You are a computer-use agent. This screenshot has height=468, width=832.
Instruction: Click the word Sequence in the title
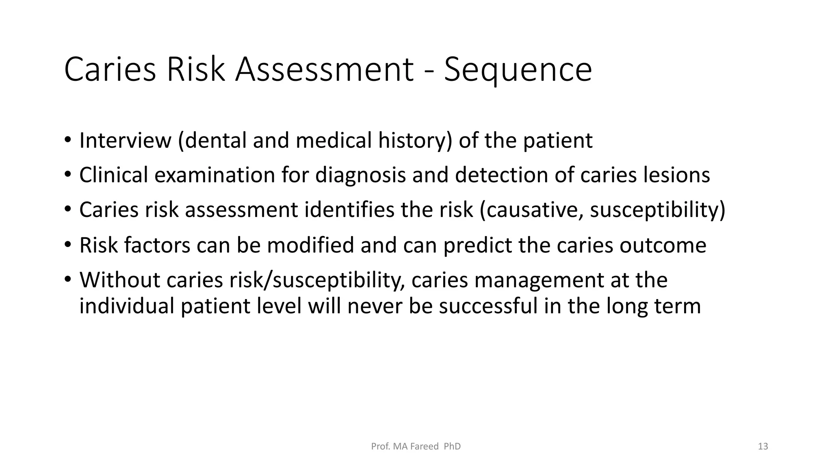click(518, 70)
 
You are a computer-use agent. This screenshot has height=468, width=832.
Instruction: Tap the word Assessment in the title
click(324, 70)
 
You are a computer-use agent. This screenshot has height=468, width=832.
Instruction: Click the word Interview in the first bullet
click(125, 141)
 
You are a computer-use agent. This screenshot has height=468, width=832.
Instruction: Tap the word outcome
click(663, 245)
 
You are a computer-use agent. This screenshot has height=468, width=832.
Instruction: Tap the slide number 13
click(763, 446)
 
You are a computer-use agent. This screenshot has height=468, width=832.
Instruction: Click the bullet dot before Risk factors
click(67, 245)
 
